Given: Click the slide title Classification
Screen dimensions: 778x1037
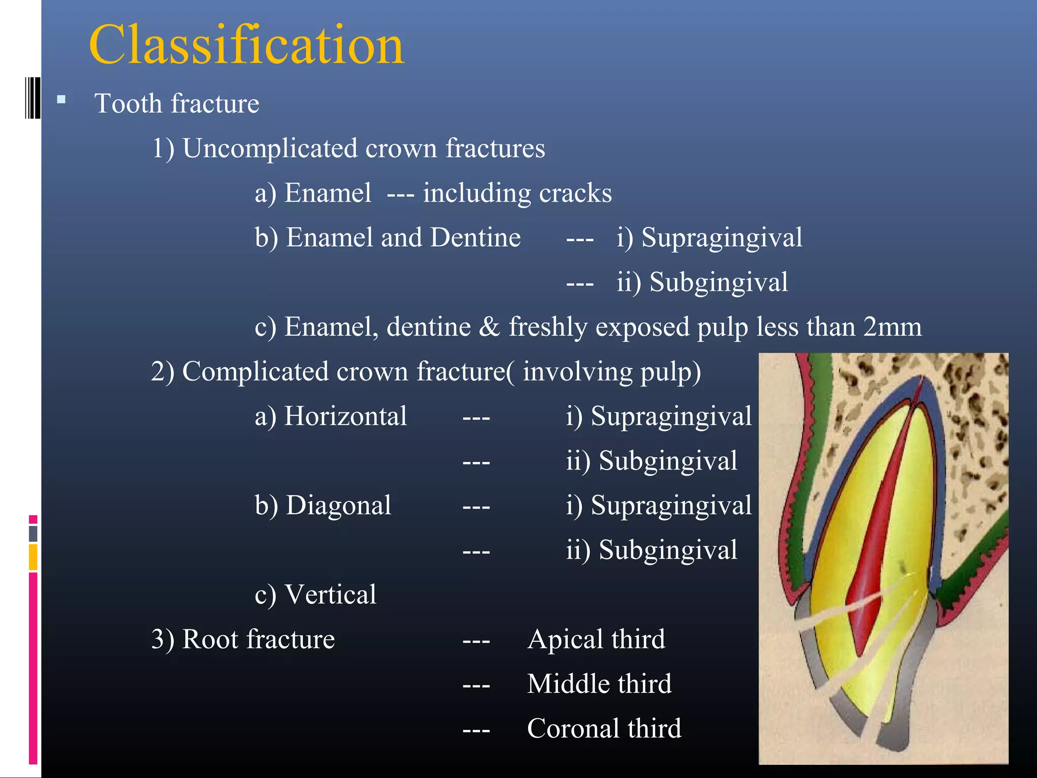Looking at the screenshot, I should [x=247, y=46].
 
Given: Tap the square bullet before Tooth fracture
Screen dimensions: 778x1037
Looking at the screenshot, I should [x=61, y=100].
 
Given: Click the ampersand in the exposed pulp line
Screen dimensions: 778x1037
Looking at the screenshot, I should [x=489, y=327].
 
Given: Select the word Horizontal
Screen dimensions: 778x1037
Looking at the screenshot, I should [x=345, y=416].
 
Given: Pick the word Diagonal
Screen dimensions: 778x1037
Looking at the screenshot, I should [x=338, y=505].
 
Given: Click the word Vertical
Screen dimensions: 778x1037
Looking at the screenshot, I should [x=330, y=595].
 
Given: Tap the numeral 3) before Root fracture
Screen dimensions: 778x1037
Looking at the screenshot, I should [x=163, y=639].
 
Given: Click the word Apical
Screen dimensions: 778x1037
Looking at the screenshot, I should [x=565, y=639].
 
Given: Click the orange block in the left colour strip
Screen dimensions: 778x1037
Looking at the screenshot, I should [x=33, y=557].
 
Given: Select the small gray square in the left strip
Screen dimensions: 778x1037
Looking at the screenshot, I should [x=33, y=533].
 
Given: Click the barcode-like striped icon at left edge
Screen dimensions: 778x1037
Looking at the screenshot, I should [x=32, y=98].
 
